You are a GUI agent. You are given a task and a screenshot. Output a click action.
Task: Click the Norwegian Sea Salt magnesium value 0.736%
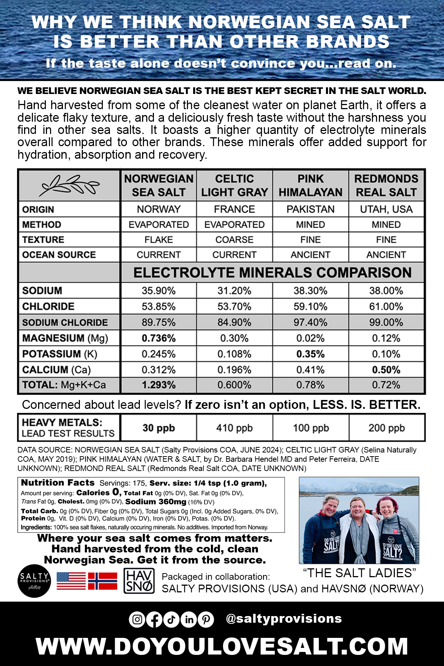159,338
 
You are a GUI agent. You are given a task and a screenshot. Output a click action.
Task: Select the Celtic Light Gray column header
235,185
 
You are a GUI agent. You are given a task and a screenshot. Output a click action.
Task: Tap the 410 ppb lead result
235,428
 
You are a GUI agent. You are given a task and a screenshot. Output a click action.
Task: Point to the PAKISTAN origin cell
310,209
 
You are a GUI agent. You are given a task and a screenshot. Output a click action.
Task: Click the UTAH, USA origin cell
386,209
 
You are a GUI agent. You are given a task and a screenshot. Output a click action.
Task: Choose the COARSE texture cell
235,240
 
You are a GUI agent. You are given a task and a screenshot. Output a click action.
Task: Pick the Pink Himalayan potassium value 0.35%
310,354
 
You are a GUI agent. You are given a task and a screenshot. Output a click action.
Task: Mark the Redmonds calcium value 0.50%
386,370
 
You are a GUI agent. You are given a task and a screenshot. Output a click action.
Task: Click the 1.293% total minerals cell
159,385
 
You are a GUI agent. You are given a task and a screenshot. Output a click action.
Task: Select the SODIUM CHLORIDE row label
65,323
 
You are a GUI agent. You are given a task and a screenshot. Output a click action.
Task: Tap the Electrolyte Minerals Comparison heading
272,273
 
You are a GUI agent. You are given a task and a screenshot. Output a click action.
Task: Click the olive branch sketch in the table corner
70,185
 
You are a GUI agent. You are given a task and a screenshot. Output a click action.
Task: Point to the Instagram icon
137,619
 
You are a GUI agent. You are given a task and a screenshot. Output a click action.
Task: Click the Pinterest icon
206,619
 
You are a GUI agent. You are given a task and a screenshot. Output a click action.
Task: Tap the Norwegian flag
102,581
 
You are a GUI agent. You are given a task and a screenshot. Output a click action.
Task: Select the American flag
71,581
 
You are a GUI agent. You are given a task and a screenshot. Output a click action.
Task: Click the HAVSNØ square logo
139,581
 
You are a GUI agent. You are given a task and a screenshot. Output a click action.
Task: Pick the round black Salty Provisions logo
34,581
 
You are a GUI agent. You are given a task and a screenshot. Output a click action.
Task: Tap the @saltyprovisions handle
284,619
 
